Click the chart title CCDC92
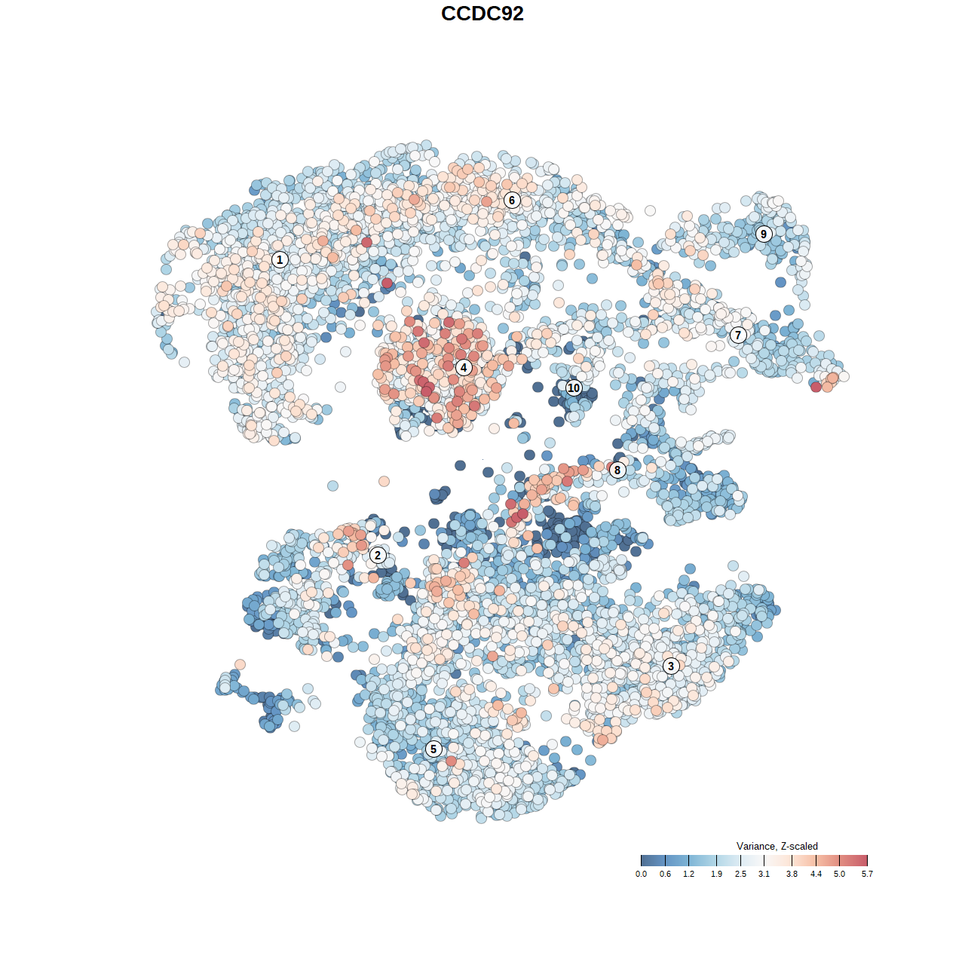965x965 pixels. point(482,14)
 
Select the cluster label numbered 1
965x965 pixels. point(280,259)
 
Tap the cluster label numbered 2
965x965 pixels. point(378,556)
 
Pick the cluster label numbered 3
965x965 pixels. point(671,666)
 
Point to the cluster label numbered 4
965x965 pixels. point(464,368)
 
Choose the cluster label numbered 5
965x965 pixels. point(433,749)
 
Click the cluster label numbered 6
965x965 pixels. point(512,200)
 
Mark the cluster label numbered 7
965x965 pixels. point(738,335)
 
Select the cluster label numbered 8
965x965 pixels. point(617,470)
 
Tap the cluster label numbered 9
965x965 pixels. point(764,234)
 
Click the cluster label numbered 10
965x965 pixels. point(574,388)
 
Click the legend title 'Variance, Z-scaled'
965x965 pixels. point(777,846)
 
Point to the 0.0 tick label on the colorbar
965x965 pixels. point(641,874)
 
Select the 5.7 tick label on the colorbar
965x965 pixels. point(867,874)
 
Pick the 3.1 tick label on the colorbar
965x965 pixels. point(764,874)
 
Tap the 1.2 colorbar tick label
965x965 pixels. point(688,874)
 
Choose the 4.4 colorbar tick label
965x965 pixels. point(816,874)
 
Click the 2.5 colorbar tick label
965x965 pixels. point(740,874)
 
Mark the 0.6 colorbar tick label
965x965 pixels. point(665,874)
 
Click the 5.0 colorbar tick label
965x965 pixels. point(839,874)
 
